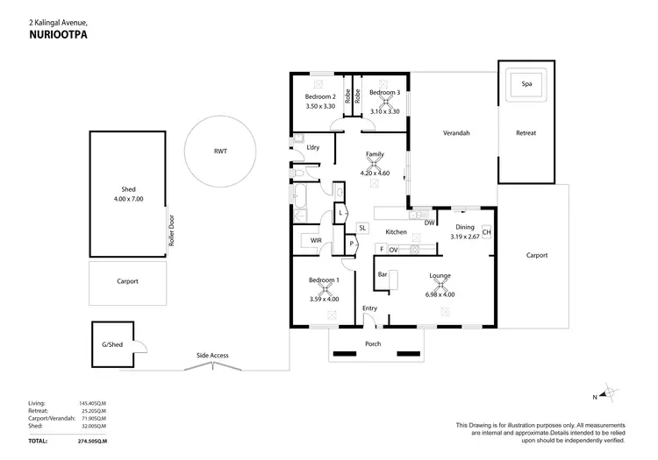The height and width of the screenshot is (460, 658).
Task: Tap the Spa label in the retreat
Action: tap(526, 84)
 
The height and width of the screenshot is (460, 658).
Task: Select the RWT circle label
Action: tap(220, 151)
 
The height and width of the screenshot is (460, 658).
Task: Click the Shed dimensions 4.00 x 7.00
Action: tap(128, 199)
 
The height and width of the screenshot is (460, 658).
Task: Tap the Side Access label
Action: tap(212, 355)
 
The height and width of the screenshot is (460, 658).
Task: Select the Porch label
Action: tap(373, 343)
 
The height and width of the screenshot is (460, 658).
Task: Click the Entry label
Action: tap(369, 308)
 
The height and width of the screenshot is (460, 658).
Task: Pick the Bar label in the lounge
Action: tap(383, 275)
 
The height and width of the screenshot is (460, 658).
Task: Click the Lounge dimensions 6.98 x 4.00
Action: tap(440, 294)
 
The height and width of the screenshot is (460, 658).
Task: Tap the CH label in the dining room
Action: tap(485, 232)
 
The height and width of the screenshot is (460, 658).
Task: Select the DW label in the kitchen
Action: tap(429, 223)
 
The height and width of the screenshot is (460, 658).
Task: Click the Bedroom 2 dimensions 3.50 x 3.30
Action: tap(320, 106)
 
